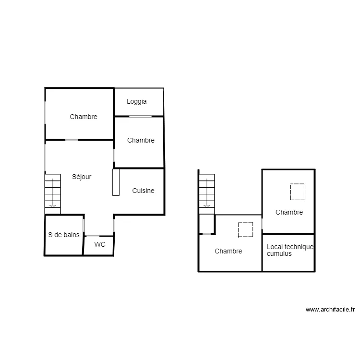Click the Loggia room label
click(137, 102)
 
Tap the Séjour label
click(82, 177)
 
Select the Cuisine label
click(144, 191)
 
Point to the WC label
click(100, 244)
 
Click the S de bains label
click(64, 235)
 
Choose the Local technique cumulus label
click(289, 250)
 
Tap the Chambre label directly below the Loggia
click(141, 140)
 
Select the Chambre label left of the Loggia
click(84, 117)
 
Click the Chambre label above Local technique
click(289, 212)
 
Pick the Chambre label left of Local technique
click(228, 251)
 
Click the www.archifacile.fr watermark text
click(330, 310)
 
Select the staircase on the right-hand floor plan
click(207, 191)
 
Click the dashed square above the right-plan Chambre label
click(298, 192)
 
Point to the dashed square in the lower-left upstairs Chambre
click(246, 229)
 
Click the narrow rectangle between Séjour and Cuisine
click(116, 182)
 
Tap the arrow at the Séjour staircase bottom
click(53, 205)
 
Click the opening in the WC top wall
click(93, 236)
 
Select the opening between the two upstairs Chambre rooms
click(262, 224)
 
